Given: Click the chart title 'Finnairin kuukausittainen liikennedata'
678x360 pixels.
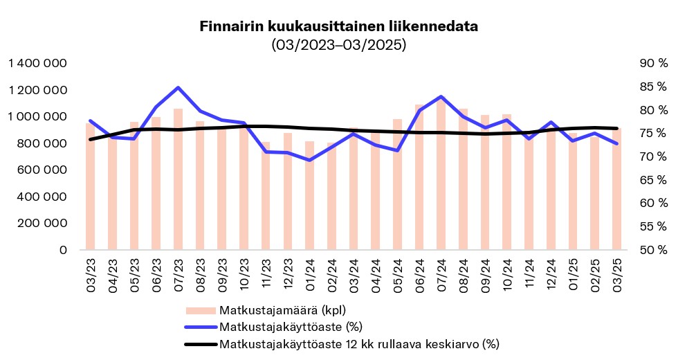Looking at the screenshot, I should [x=338, y=27].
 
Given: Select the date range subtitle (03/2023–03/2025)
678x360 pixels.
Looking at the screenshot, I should [x=338, y=45].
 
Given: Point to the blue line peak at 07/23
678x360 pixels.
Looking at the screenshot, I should [x=178, y=88].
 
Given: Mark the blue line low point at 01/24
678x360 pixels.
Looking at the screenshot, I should [x=309, y=160].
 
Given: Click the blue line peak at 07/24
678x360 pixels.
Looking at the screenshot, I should [x=441, y=97].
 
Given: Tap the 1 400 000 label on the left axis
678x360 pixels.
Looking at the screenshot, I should [x=38, y=64].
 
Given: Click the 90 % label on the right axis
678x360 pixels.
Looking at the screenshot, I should [x=654, y=64].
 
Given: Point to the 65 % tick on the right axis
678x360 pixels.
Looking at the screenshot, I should [x=654, y=180].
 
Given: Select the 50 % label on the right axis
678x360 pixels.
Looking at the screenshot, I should [x=654, y=250].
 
